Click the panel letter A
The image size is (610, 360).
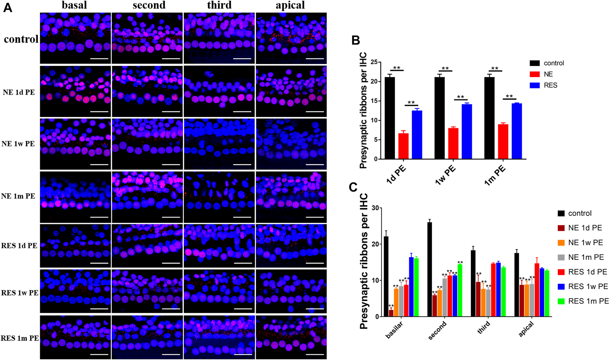(x=8, y=8)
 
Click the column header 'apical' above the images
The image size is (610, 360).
(x=290, y=5)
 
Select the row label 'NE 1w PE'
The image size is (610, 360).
(x=18, y=144)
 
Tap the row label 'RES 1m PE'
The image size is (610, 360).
(x=20, y=338)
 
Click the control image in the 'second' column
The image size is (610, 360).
(x=147, y=38)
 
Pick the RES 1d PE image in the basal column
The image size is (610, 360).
(x=75, y=246)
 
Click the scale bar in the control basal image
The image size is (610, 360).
(x=99, y=59)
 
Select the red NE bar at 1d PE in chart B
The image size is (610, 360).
(x=403, y=146)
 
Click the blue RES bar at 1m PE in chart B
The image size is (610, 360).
(x=516, y=131)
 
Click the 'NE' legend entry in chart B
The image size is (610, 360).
(x=548, y=74)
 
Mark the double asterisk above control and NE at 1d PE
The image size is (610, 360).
(x=397, y=68)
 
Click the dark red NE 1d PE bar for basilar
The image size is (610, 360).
(x=391, y=313)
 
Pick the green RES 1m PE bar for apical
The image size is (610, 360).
(x=547, y=294)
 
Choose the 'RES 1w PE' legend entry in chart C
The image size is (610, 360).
(x=588, y=287)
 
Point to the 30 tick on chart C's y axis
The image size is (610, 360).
(x=375, y=208)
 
